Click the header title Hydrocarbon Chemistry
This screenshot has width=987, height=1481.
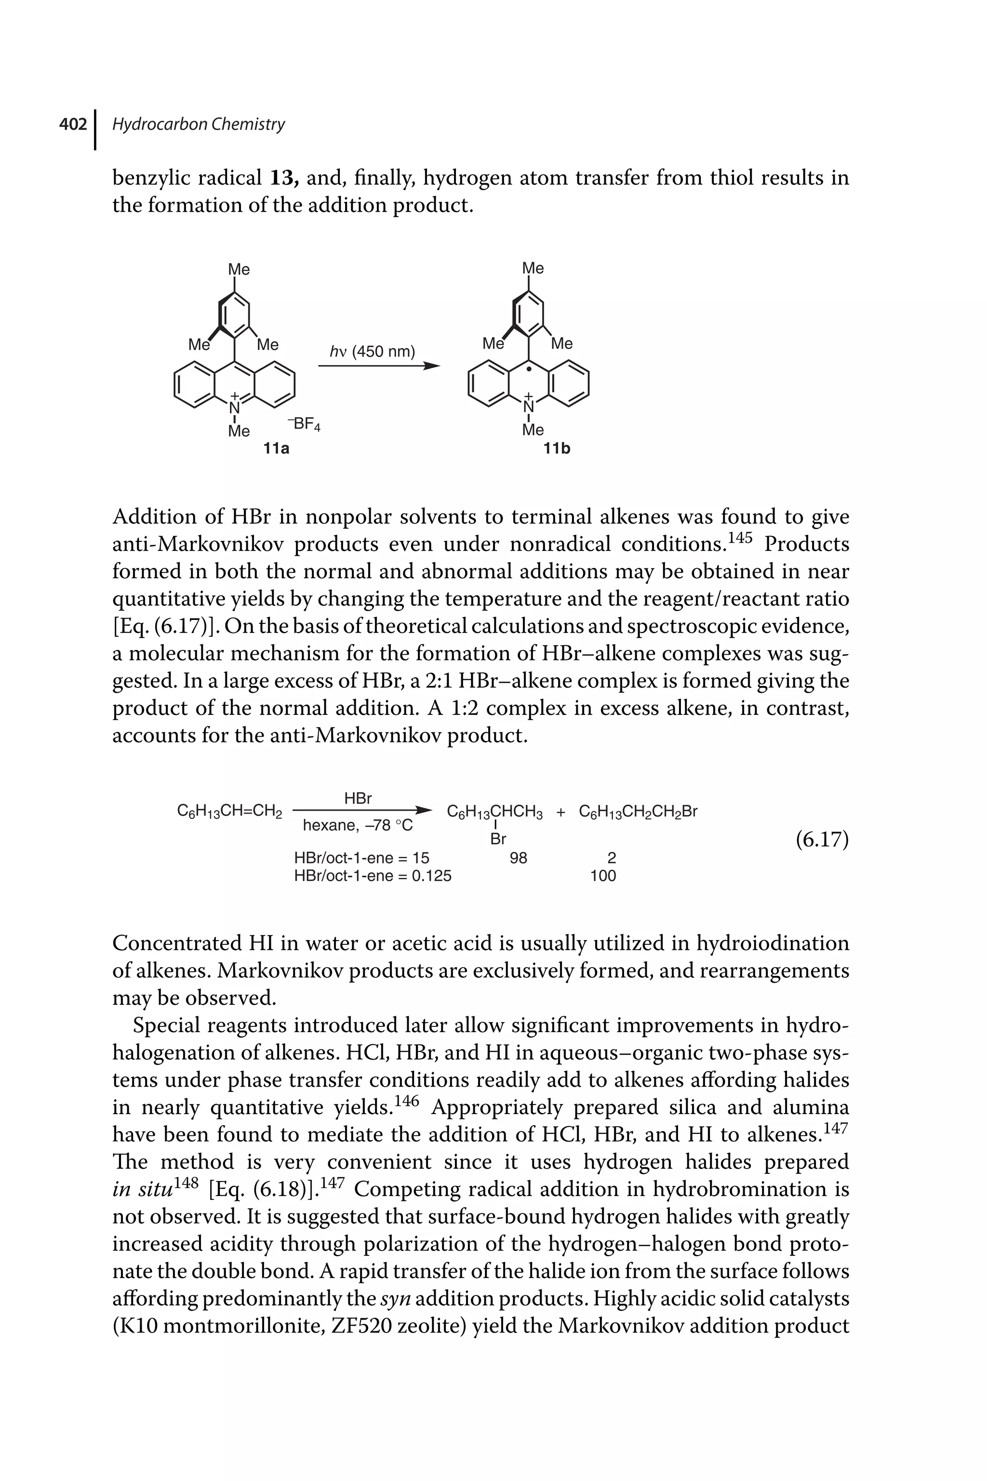coord(198,125)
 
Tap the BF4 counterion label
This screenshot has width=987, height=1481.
coord(305,424)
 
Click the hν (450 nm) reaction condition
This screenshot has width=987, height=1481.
coord(373,351)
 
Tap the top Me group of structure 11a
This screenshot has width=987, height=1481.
coord(239,269)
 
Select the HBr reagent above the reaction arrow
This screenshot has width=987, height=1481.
coord(358,798)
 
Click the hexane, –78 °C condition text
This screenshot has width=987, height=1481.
coord(358,825)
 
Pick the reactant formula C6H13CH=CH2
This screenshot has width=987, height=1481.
coord(230,812)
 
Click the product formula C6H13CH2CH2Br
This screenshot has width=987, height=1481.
coord(638,812)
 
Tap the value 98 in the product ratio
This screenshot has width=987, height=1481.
coord(518,858)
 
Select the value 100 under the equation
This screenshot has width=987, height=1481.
coord(602,875)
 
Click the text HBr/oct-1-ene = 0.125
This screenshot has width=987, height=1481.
coord(373,875)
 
